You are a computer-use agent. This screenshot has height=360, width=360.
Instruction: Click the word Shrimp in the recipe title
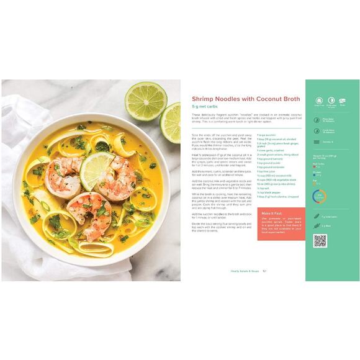point(204,99)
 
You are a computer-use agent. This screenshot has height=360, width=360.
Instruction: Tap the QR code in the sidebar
point(320,241)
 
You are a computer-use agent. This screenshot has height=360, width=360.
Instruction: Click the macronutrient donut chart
point(319,197)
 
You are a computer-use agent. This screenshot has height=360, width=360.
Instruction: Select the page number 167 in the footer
point(264,270)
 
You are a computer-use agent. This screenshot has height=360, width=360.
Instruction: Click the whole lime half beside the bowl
point(145,101)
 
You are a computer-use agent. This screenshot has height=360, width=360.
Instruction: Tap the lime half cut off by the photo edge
point(171,122)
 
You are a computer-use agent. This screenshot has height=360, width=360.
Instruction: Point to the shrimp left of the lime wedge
point(64,176)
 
